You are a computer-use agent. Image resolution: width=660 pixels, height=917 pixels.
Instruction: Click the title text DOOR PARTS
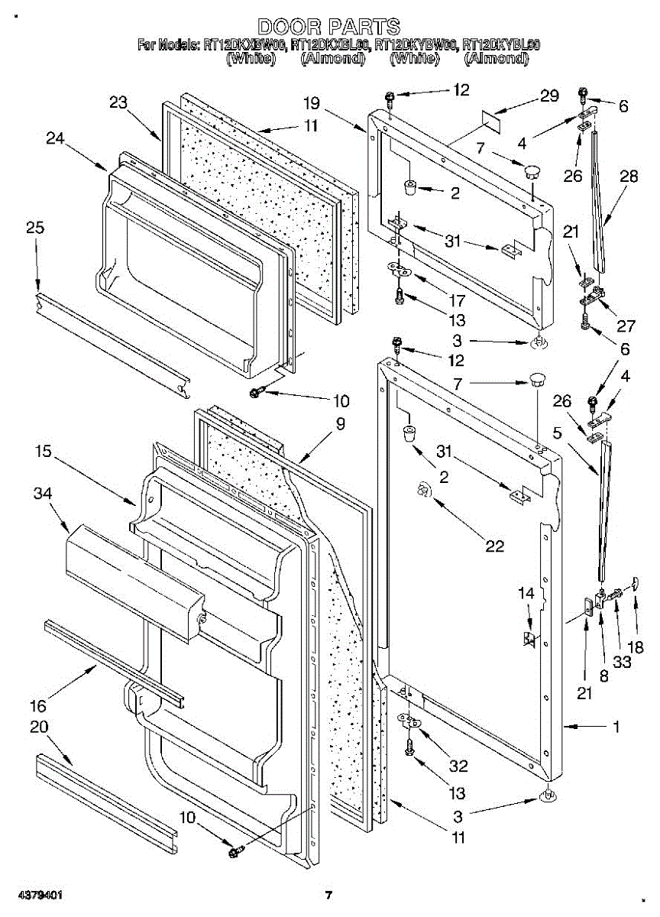(328, 28)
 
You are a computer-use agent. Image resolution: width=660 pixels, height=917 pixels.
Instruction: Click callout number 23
(118, 103)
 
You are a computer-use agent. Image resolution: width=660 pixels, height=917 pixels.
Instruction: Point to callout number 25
(35, 228)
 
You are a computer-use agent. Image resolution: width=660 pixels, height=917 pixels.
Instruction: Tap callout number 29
(550, 96)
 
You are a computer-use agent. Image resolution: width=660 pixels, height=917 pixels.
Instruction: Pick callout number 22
(495, 546)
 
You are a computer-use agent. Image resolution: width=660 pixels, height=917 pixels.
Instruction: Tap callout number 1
(616, 727)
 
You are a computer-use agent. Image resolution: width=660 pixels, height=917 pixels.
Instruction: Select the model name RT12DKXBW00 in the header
(244, 45)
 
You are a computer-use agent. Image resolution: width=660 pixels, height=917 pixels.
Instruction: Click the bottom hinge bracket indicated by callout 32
(409, 720)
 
